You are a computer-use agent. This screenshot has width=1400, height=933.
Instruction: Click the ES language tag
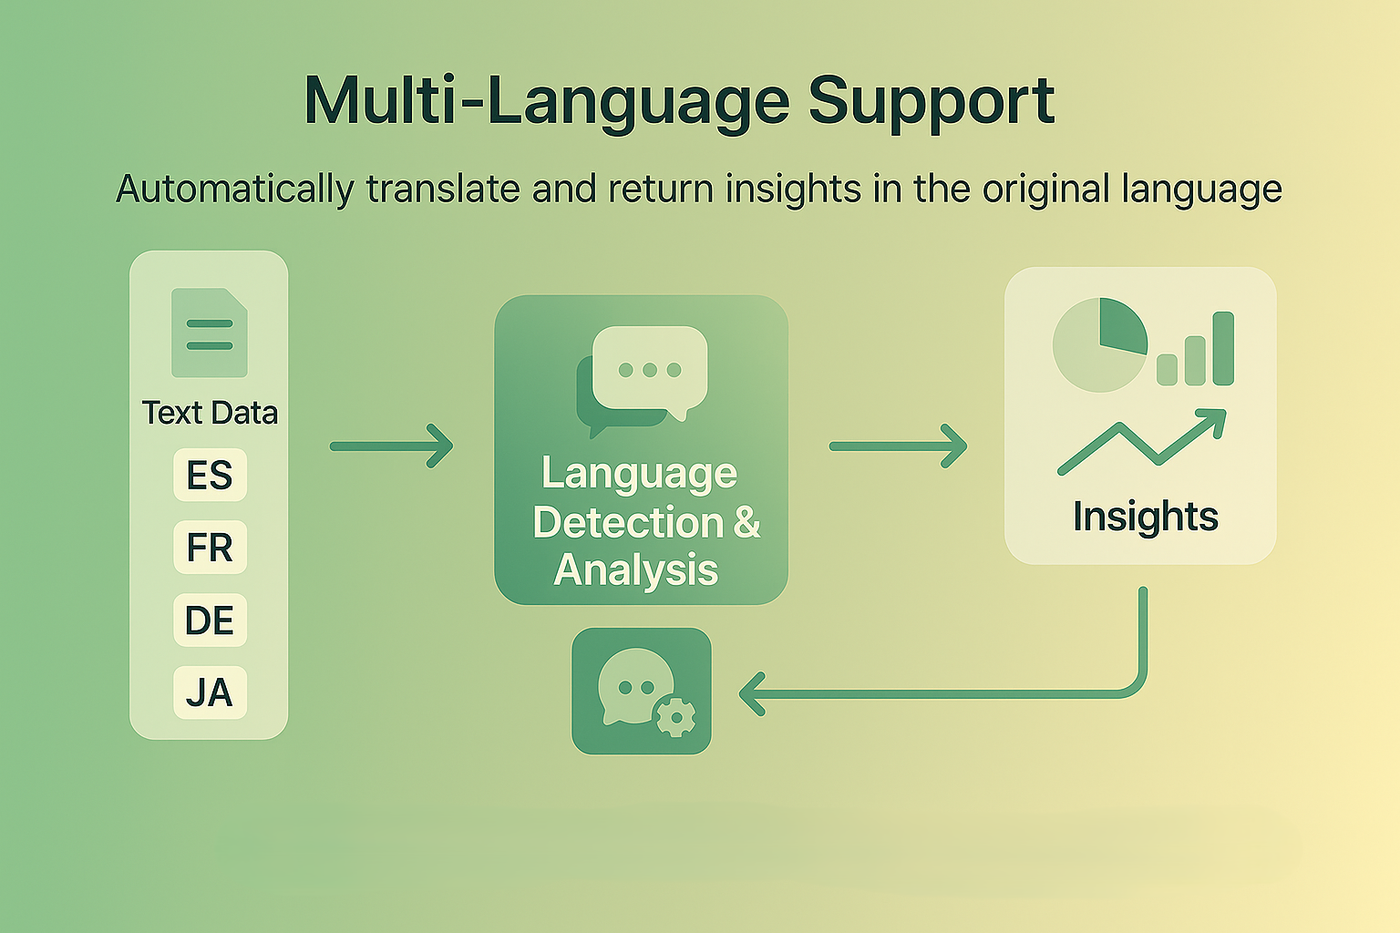pyautogui.click(x=210, y=475)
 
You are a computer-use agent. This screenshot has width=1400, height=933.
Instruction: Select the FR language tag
pyautogui.click(x=210, y=548)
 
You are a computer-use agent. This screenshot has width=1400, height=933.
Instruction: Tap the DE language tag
pyautogui.click(x=210, y=620)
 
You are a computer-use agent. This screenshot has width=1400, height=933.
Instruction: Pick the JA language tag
pyautogui.click(x=210, y=692)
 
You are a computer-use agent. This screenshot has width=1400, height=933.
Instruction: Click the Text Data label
pyautogui.click(x=210, y=413)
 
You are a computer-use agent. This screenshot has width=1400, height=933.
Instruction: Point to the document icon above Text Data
pyautogui.click(x=210, y=333)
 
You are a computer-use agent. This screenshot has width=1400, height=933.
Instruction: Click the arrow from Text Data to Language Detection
pyautogui.click(x=392, y=446)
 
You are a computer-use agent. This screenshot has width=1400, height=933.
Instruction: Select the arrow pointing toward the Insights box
pyautogui.click(x=898, y=446)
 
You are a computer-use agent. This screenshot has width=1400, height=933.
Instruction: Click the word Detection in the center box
pyautogui.click(x=628, y=522)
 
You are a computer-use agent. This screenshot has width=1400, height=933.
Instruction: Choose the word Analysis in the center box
pyautogui.click(x=635, y=570)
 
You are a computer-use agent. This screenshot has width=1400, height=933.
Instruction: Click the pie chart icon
pyautogui.click(x=1100, y=345)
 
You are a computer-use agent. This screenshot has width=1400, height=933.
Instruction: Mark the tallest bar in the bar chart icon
pyautogui.click(x=1223, y=349)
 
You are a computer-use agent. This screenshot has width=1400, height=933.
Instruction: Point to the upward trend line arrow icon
pyautogui.click(x=1142, y=442)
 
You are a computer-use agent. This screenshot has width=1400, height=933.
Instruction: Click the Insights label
pyautogui.click(x=1146, y=517)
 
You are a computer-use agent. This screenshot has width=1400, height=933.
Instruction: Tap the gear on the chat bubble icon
pyautogui.click(x=675, y=717)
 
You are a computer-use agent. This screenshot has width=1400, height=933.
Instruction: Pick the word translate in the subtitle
pyautogui.click(x=442, y=189)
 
